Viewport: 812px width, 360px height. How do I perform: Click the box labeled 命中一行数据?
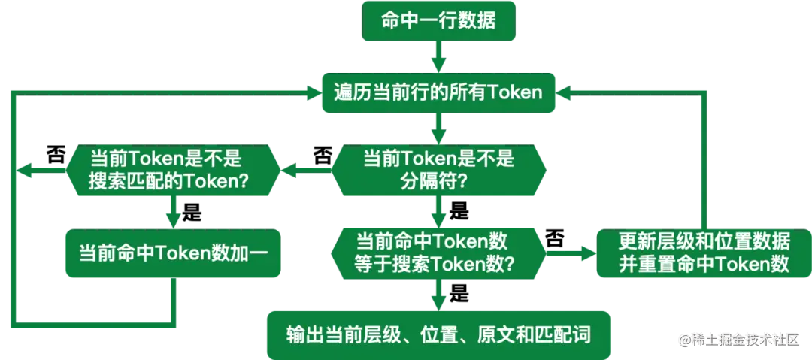point(438,20)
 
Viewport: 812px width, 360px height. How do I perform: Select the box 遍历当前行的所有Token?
point(438,92)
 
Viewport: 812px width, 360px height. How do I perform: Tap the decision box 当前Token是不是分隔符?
point(438,170)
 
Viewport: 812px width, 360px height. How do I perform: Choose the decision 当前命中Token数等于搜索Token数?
point(438,253)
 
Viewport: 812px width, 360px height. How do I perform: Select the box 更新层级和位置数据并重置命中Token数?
point(704,253)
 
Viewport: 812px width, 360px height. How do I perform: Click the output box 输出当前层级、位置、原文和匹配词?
point(438,333)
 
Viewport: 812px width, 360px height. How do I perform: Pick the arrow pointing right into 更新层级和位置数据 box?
point(582,253)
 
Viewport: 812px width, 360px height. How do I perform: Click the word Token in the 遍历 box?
point(516,92)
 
